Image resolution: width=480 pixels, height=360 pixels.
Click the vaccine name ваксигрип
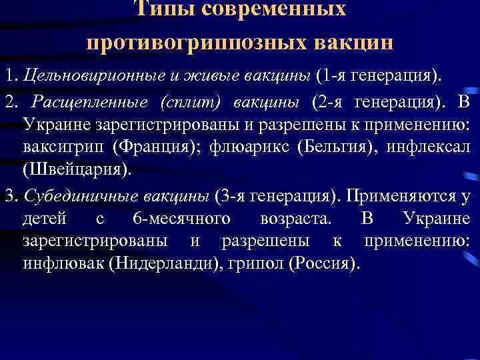pyautogui.click(x=61, y=145)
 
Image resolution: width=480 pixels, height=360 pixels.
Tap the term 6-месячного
pyautogui.click(x=181, y=219)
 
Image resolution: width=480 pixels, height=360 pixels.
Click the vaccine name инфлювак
pyautogui.click(x=61, y=261)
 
